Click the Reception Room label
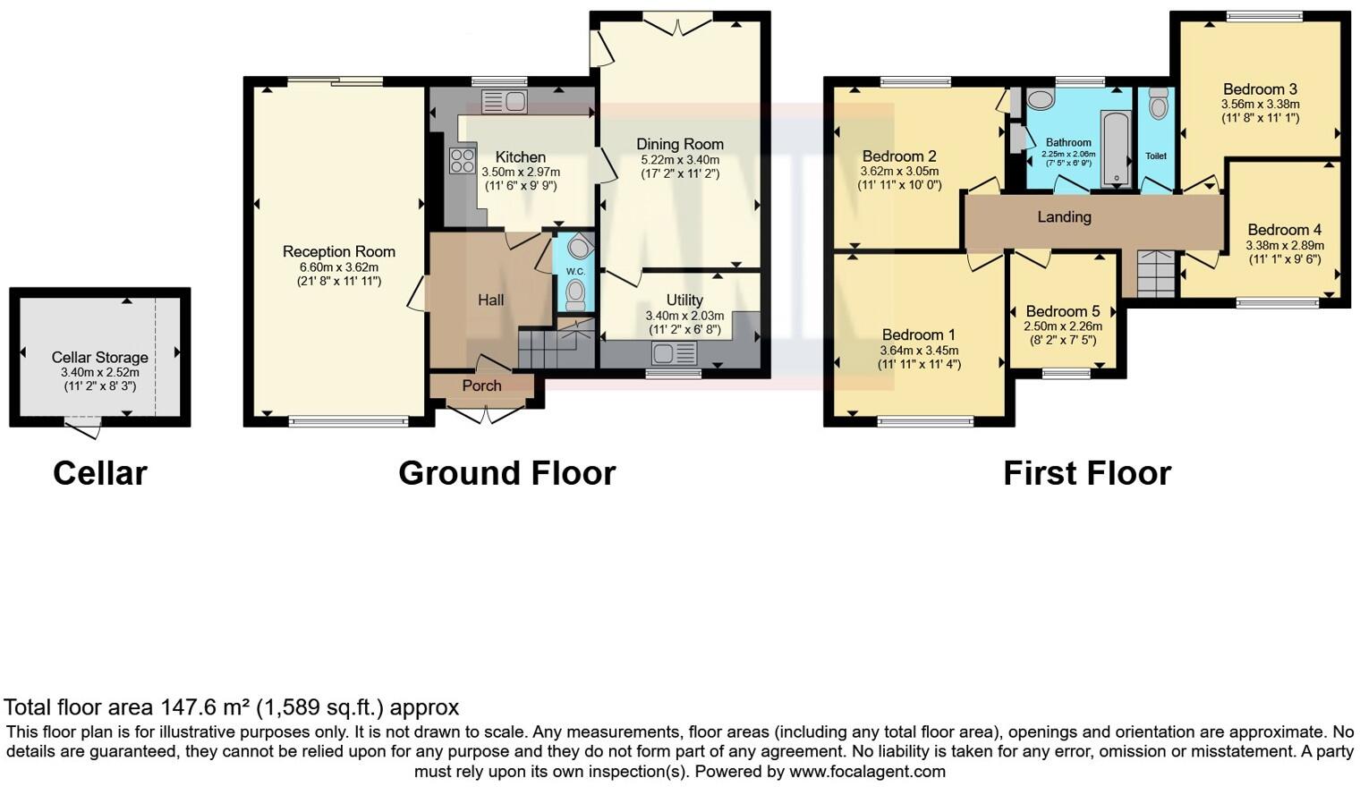point(338,251)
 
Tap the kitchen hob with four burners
point(463,160)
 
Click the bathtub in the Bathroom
point(1116,148)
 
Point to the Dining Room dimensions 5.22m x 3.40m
point(680,160)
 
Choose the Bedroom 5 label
point(1063,312)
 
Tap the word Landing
point(1064,216)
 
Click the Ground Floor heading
point(506,473)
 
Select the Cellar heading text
point(99,473)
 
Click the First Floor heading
point(1086,473)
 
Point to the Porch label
point(481,385)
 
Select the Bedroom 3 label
point(1260,89)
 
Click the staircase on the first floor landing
point(1155,274)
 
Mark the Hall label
point(490,300)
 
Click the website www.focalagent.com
point(867,771)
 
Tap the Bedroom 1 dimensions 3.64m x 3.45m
point(919,351)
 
